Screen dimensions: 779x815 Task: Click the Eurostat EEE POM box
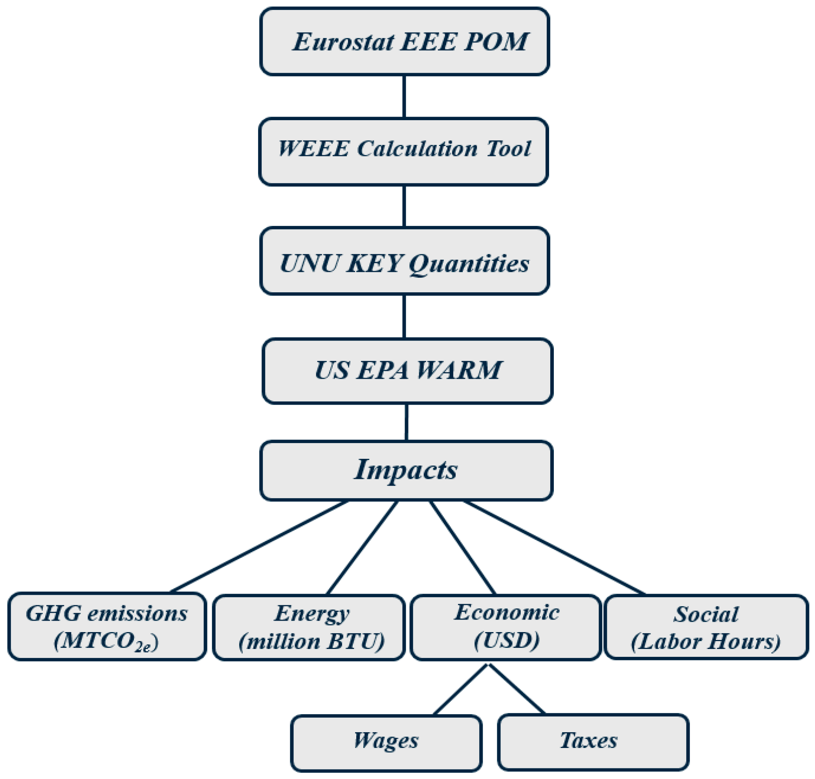(x=404, y=42)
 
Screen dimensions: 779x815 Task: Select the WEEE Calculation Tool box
(x=403, y=152)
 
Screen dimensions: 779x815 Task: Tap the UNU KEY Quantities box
(x=404, y=261)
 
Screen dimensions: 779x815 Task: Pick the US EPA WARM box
(x=407, y=371)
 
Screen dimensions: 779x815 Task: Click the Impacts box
(x=406, y=471)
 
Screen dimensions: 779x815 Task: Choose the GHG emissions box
(x=107, y=627)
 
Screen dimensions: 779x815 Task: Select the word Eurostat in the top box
(x=343, y=42)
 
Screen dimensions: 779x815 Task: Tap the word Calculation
(x=417, y=148)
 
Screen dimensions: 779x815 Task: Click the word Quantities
(x=469, y=263)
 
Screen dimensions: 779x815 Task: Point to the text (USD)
(x=506, y=640)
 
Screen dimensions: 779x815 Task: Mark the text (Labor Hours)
(x=705, y=641)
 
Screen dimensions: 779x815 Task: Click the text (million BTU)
(x=311, y=641)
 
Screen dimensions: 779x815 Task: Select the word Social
(x=706, y=614)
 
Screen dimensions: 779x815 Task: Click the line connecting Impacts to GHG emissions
(x=260, y=546)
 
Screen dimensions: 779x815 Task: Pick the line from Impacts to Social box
(x=554, y=547)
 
